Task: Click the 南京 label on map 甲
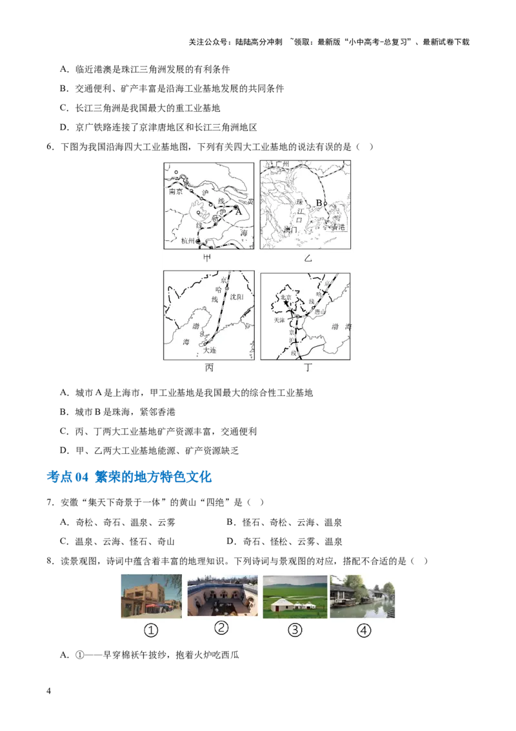(176, 192)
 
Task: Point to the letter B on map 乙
(318, 203)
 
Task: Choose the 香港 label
(338, 227)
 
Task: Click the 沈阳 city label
(237, 297)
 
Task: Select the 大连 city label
(210, 350)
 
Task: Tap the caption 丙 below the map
(208, 368)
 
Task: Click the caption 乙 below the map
(307, 258)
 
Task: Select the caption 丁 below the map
(308, 368)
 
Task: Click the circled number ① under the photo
(150, 630)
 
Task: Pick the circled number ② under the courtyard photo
(222, 628)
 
